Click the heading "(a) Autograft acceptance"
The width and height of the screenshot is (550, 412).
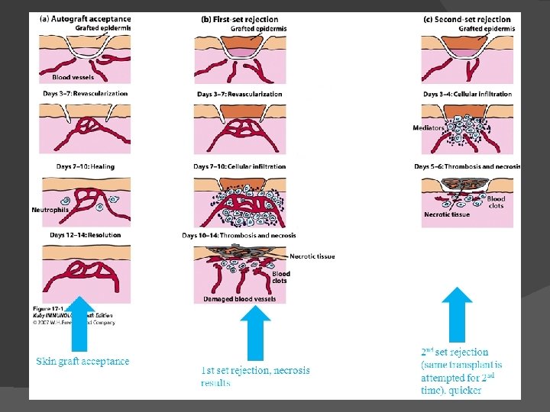pyautogui.click(x=85, y=19)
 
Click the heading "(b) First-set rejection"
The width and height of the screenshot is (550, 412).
pyautogui.click(x=239, y=19)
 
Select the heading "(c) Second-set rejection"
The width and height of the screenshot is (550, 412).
pyautogui.click(x=467, y=19)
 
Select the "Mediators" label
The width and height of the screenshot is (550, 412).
pyautogui.click(x=427, y=128)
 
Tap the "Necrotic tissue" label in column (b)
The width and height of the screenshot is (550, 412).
pyautogui.click(x=312, y=256)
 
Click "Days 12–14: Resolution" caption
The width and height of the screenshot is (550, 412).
pyautogui.click(x=83, y=235)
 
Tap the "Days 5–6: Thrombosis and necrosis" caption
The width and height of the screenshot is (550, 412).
pyautogui.click(x=467, y=166)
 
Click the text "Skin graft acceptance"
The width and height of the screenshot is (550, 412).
pyautogui.click(x=82, y=362)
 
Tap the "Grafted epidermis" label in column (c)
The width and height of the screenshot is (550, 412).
pyautogui.click(x=487, y=29)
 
